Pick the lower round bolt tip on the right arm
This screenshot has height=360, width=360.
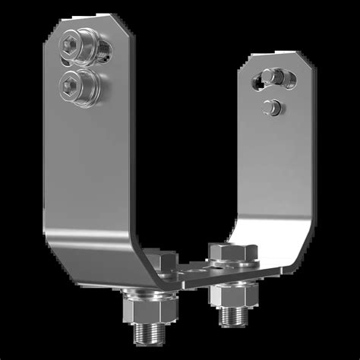point(270,107)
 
